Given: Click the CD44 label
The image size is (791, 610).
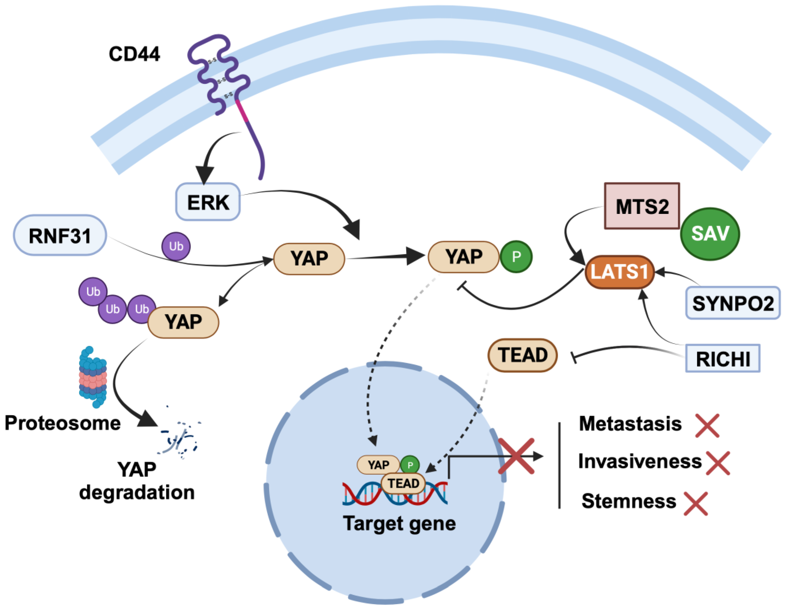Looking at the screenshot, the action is (x=134, y=54).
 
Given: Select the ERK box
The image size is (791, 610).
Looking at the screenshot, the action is (x=208, y=202).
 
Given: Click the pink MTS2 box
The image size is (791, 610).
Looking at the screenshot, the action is (x=642, y=206).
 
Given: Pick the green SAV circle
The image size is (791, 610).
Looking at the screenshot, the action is (x=710, y=234).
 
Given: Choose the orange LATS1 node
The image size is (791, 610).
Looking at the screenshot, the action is (x=619, y=272).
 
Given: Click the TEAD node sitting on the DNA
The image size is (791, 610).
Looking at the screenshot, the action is (x=403, y=483).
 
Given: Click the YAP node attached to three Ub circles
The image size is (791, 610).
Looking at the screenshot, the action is (x=183, y=322).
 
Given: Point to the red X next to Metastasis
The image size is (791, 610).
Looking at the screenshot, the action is (x=707, y=426).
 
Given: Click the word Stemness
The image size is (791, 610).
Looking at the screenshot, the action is (x=629, y=501).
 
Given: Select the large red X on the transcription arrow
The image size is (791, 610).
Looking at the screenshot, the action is (x=516, y=456).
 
